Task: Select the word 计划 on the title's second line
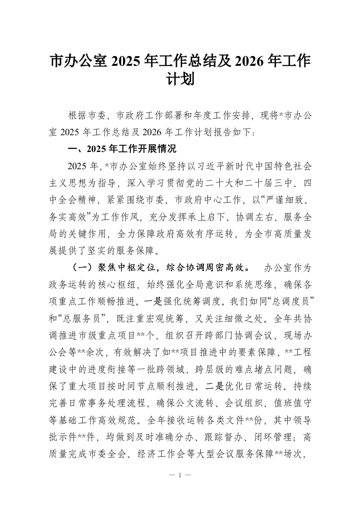[x=180, y=80]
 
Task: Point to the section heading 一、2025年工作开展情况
[x=121, y=150]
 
